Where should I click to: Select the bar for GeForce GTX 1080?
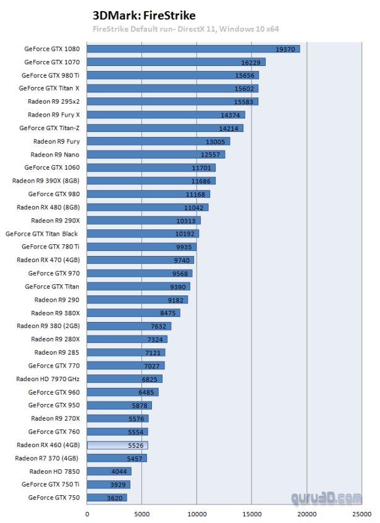coord(193,49)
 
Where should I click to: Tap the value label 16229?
coord(253,62)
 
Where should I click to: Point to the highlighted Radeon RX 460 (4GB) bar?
coord(117,445)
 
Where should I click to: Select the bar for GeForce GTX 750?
coord(107,497)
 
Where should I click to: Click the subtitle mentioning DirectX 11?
coord(159,29)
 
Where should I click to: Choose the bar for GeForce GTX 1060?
coord(151,168)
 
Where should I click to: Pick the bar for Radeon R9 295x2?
coord(172,102)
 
